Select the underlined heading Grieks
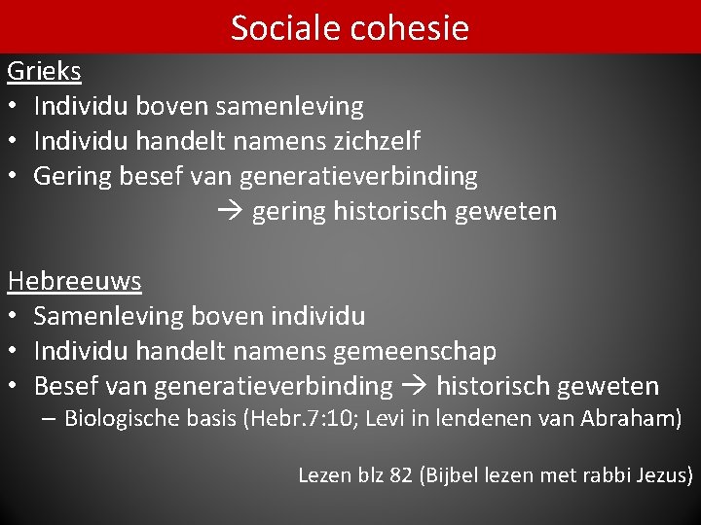coord(44,71)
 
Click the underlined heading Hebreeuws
coord(74,281)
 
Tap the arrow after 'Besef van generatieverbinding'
coord(415,386)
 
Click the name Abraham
coord(637,419)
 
